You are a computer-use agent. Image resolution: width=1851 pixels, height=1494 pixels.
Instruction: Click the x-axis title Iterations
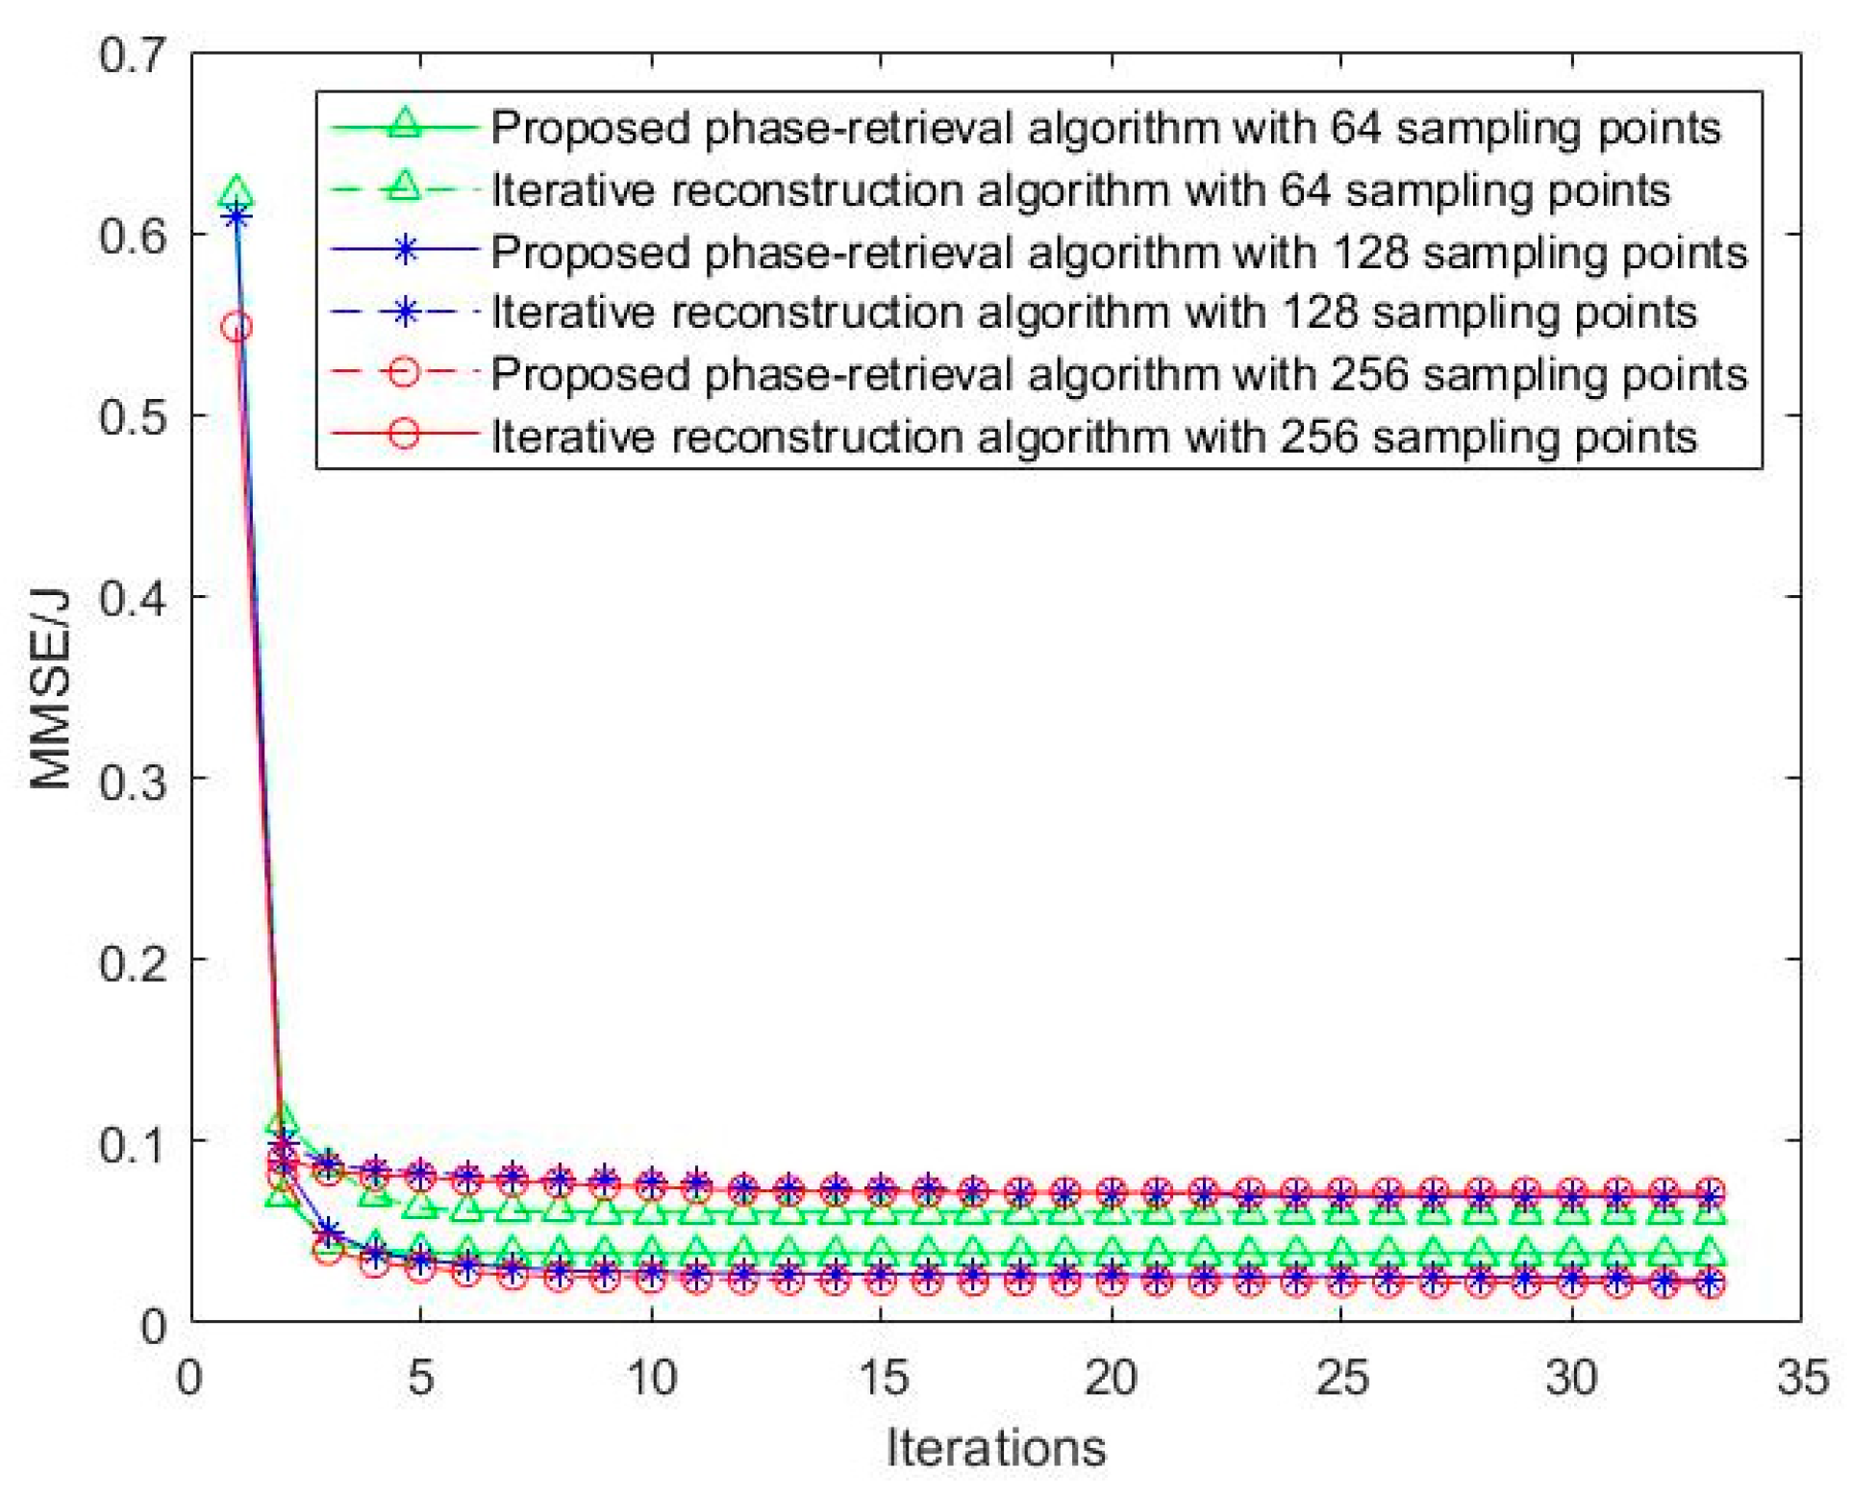[x=995, y=1446]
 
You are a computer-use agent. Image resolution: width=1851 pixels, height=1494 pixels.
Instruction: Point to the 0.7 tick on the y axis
[x=133, y=55]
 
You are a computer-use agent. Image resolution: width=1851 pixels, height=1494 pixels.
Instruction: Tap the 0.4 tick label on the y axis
[x=133, y=598]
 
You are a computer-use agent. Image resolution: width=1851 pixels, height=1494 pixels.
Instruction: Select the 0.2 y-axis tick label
[x=133, y=960]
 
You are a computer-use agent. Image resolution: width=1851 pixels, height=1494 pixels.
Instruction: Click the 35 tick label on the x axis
[x=1801, y=1378]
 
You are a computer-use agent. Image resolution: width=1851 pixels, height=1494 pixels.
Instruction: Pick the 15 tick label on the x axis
[x=882, y=1378]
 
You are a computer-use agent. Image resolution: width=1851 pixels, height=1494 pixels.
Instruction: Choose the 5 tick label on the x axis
[x=421, y=1378]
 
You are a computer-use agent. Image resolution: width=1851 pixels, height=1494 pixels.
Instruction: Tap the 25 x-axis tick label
[x=1341, y=1378]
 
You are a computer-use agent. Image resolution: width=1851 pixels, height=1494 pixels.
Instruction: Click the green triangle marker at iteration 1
[x=237, y=193]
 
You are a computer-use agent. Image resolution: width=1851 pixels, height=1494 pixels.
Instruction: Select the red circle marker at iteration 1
[x=237, y=327]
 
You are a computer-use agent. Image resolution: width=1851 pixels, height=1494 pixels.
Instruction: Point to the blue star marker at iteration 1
[x=237, y=217]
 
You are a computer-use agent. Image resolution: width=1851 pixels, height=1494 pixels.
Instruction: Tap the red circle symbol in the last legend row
[x=405, y=435]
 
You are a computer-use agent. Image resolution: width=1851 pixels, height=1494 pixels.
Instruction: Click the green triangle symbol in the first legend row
[x=405, y=125]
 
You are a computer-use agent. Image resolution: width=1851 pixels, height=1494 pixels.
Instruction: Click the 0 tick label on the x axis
[x=190, y=1378]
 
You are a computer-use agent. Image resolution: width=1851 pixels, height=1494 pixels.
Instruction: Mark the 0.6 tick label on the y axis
[x=133, y=235]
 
